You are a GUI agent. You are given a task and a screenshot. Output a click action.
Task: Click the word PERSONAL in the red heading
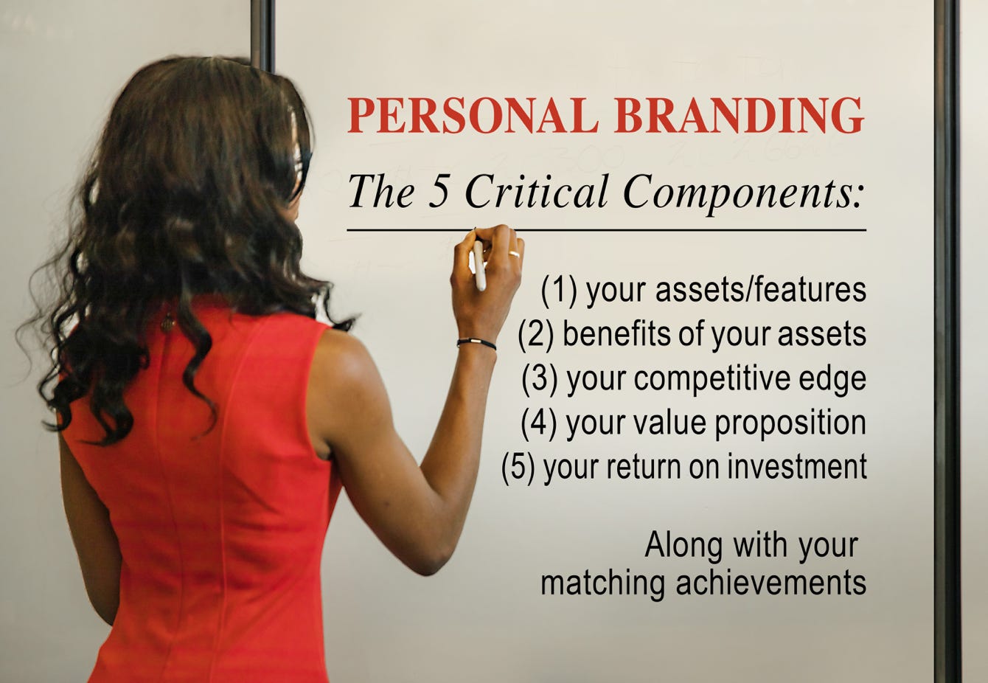(x=473, y=115)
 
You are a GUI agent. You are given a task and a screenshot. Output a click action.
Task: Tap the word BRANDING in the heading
(x=740, y=115)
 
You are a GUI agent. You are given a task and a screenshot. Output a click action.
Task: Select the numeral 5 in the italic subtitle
(x=439, y=192)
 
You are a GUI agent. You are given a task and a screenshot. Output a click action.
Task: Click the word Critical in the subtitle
(x=536, y=191)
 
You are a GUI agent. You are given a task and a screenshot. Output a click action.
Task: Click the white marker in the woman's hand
(x=479, y=264)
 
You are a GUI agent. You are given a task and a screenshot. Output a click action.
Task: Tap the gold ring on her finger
(x=515, y=254)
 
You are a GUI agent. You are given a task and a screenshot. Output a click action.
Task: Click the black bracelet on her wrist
(x=476, y=342)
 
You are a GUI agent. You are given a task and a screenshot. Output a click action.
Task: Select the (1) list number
(x=559, y=291)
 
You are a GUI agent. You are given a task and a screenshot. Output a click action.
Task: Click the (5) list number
(x=518, y=468)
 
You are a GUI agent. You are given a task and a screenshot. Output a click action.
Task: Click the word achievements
(x=771, y=583)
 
